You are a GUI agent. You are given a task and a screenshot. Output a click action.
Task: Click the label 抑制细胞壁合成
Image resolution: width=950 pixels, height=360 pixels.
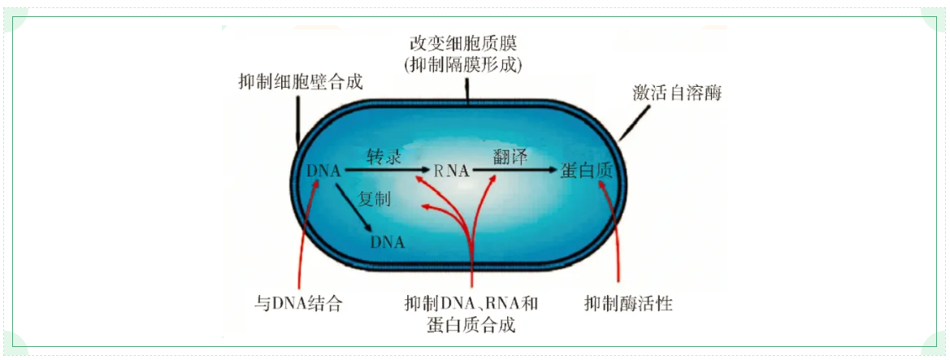(301, 82)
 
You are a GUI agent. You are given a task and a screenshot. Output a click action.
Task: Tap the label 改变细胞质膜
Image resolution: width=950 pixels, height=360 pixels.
(464, 44)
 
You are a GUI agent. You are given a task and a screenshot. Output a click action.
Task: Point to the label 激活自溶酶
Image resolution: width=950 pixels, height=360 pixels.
(678, 93)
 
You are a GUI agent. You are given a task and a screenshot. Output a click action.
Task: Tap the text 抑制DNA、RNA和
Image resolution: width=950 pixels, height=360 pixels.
(471, 302)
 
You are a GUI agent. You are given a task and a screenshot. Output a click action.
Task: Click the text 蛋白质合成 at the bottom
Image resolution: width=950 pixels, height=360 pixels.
(471, 325)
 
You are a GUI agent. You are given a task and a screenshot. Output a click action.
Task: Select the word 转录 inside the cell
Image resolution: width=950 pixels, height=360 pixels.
(383, 157)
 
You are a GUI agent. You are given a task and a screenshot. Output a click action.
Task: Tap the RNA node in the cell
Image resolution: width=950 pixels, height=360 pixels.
(451, 171)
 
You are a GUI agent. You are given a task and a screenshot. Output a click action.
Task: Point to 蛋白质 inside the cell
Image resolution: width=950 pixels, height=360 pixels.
(587, 171)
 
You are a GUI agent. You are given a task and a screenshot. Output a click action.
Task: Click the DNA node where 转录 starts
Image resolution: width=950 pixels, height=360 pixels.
(324, 171)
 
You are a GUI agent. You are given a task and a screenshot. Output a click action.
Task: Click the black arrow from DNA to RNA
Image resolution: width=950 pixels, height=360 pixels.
(385, 171)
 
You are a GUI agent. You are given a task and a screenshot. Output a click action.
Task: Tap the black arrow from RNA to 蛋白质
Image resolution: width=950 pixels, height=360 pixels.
(514, 171)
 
